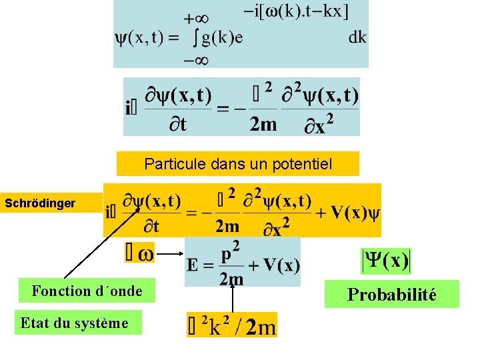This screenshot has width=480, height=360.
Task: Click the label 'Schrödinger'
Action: [x=40, y=203]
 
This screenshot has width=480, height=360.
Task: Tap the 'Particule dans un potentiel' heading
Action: [x=238, y=163]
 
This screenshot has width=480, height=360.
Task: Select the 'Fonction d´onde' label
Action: [x=87, y=291]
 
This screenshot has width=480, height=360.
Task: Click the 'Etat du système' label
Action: [x=74, y=323]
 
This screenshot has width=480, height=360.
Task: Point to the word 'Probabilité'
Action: [x=391, y=295]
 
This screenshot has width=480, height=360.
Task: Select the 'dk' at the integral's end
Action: [x=357, y=37]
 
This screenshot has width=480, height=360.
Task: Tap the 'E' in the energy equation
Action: [x=193, y=265]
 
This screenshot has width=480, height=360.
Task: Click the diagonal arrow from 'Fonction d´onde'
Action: [x=100, y=243]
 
